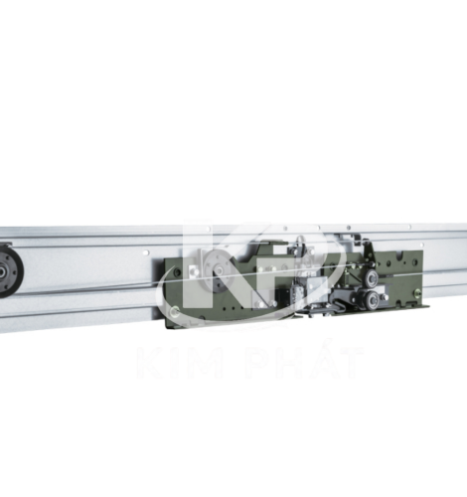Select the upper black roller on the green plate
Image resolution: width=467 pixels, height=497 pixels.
[x=371, y=277]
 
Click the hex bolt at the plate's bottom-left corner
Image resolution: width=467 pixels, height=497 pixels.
[x=174, y=311]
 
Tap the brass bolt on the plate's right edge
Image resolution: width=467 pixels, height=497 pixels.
[x=416, y=293]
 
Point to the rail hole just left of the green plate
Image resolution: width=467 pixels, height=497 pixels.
[x=146, y=252]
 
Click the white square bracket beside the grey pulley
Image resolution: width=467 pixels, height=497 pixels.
[x=193, y=272]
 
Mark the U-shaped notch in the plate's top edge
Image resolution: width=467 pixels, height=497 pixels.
[x=400, y=254]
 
